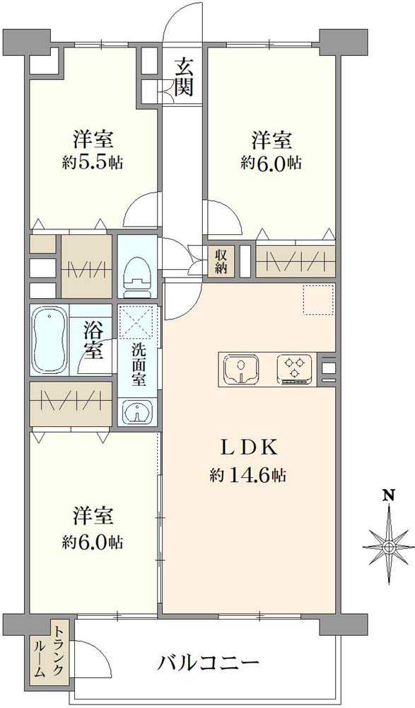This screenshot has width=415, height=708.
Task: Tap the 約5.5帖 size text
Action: pyautogui.click(x=92, y=162)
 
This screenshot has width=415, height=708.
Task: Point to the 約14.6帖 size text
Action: pyautogui.click(x=247, y=476)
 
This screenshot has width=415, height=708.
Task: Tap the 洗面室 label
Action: pyautogui.click(x=139, y=365)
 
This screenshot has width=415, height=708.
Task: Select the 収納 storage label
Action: pyautogui.click(x=221, y=260)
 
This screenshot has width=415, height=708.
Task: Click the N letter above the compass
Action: pyautogui.click(x=388, y=495)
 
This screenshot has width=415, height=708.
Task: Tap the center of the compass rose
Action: pyautogui.click(x=388, y=547)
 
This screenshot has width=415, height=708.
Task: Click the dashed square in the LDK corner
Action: pyautogui.click(x=317, y=299)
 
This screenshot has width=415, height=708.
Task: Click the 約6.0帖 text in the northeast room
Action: pyautogui.click(x=271, y=162)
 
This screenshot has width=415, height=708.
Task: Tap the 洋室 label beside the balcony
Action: pyautogui.click(x=92, y=514)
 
